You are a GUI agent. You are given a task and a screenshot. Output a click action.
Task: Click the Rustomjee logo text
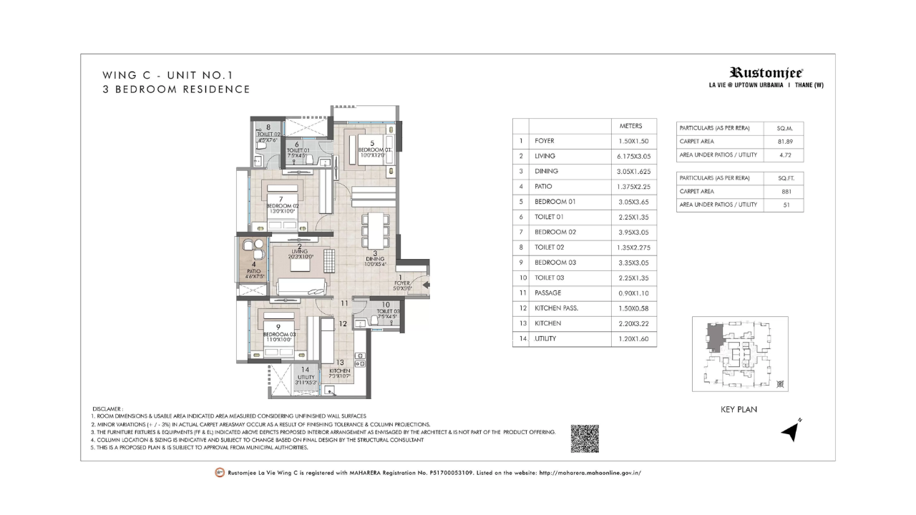(766, 72)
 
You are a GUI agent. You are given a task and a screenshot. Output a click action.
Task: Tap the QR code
(584, 438)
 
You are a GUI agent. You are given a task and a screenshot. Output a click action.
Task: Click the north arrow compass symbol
(790, 431)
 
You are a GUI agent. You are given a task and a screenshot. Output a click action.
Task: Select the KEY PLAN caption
(738, 410)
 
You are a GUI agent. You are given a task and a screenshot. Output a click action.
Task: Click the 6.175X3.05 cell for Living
(633, 156)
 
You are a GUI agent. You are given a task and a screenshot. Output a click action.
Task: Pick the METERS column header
(631, 126)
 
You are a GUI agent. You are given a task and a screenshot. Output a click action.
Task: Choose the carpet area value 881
(784, 191)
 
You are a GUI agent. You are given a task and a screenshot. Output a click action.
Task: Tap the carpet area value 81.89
(784, 142)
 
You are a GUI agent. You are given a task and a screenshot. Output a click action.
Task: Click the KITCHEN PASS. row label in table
(556, 308)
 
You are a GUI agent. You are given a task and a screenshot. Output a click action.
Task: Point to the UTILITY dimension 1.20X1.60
(633, 338)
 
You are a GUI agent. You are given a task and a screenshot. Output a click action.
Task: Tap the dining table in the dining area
(374, 228)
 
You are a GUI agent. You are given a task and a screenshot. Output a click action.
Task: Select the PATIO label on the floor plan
(254, 271)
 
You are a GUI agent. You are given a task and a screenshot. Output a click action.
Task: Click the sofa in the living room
(302, 287)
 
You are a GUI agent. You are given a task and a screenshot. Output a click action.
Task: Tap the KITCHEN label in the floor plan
(340, 371)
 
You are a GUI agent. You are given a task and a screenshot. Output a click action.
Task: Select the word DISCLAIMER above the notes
(108, 408)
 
